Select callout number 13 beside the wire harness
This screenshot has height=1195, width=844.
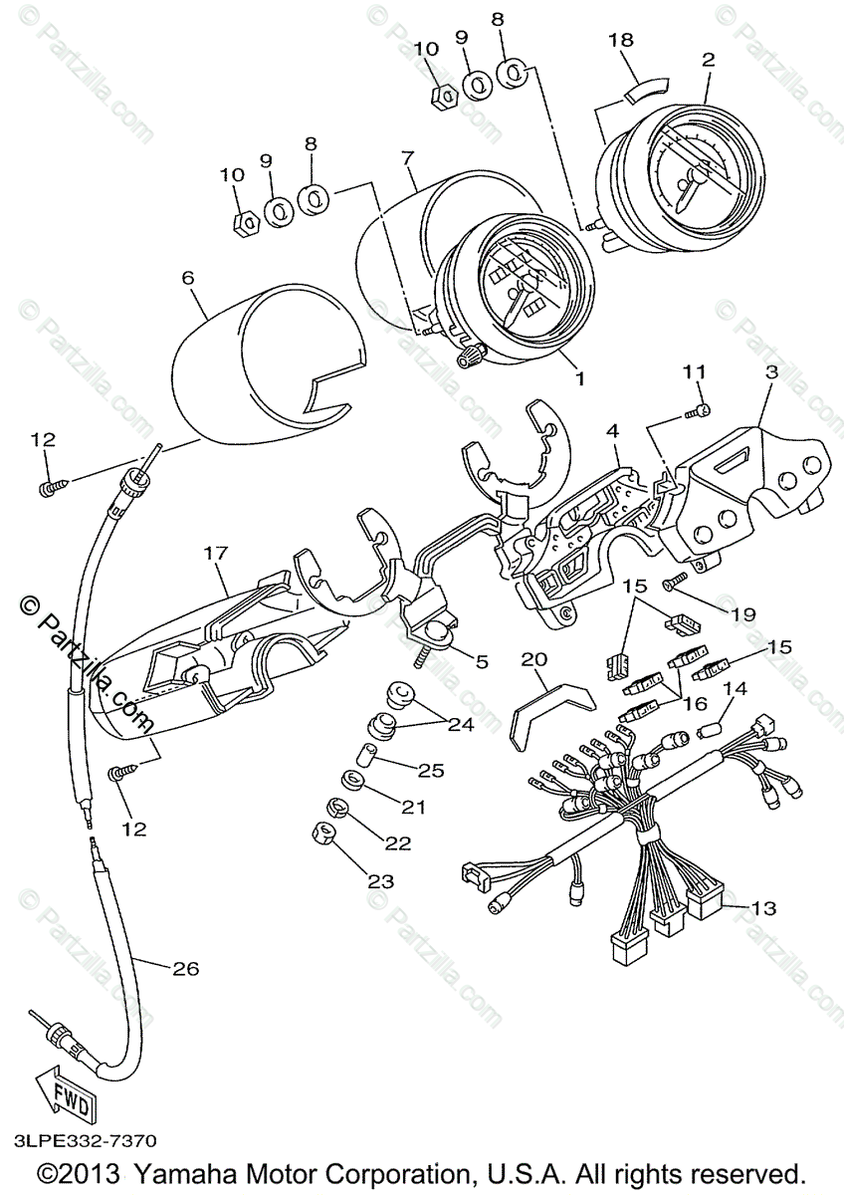[x=763, y=908]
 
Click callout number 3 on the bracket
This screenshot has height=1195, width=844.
[x=770, y=371]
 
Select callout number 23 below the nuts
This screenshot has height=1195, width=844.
[x=381, y=880]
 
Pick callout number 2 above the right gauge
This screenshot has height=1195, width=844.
[x=708, y=59]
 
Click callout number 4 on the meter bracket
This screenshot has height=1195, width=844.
[x=613, y=431]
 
